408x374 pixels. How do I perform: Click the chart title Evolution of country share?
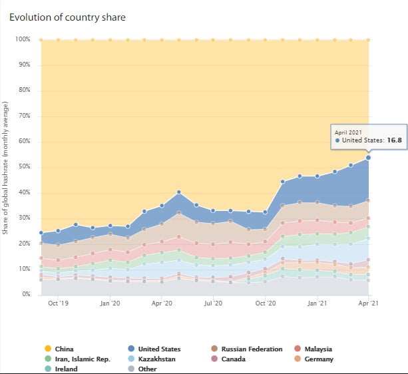tap(67, 17)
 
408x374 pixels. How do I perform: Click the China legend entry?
tap(65, 349)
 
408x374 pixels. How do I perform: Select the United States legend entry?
tap(159, 349)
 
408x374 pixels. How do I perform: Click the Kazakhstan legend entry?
tap(157, 359)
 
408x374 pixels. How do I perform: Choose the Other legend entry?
tap(148, 369)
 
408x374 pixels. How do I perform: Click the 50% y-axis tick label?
tap(24, 167)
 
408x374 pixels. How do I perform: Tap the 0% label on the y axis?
tap(26, 294)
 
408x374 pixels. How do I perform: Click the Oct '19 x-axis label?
tap(58, 303)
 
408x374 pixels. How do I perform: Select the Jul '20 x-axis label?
tap(213, 303)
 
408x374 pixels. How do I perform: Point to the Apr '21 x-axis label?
tap(368, 303)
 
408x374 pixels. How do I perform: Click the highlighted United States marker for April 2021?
tap(368, 158)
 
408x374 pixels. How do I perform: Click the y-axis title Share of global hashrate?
tap(6, 166)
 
